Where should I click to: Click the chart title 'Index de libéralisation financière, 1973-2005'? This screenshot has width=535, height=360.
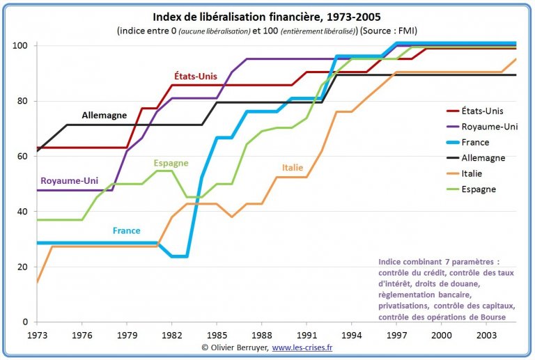(267, 17)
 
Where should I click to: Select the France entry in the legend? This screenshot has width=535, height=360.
(468, 142)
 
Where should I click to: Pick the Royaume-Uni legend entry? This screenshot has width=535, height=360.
(482, 127)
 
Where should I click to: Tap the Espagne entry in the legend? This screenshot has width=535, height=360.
(471, 189)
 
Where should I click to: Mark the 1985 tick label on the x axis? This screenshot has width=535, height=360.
(217, 335)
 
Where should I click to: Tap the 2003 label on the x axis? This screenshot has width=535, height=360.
(486, 335)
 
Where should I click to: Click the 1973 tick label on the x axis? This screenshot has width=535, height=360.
(37, 335)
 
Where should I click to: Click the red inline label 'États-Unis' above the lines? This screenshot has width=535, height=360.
(196, 76)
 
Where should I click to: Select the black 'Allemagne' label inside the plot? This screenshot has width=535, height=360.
(104, 115)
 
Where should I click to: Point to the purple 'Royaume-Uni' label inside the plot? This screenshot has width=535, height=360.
(69, 180)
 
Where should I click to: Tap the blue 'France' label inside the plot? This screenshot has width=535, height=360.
(127, 230)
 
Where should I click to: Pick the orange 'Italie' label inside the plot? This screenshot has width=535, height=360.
(293, 167)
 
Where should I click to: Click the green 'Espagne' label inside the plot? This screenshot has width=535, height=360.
(171, 163)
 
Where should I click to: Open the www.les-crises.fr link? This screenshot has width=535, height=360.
(302, 347)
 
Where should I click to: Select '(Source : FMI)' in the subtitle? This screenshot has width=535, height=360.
(389, 31)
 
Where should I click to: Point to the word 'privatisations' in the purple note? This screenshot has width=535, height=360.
(403, 306)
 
